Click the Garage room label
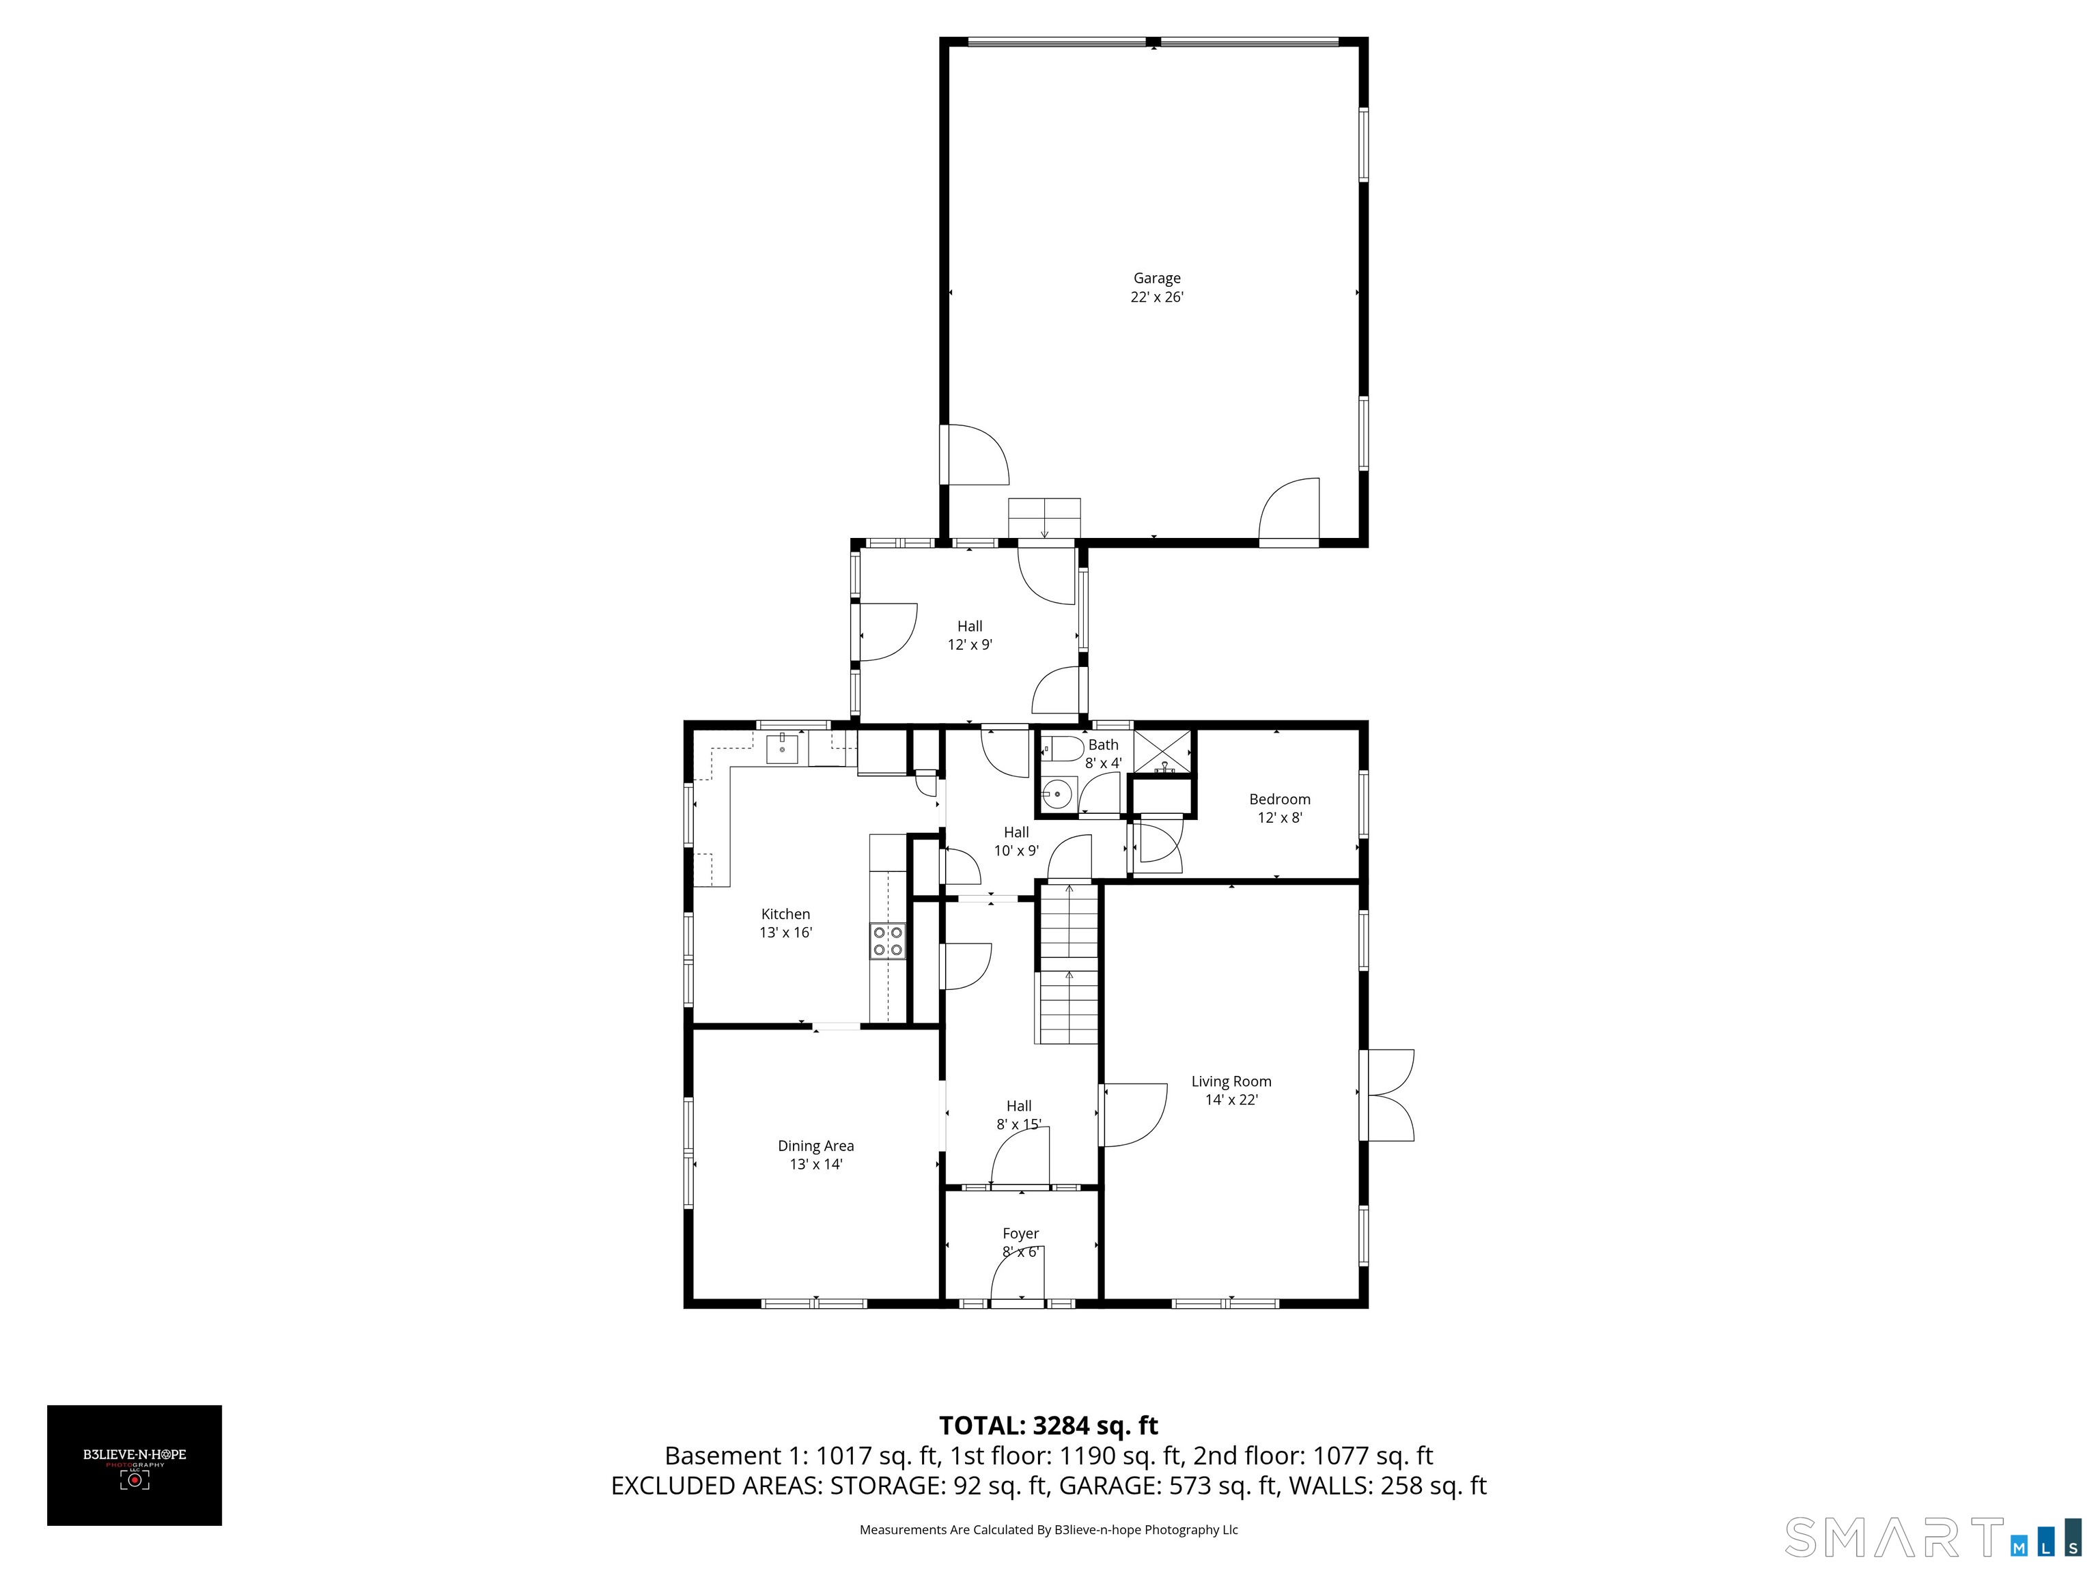click(x=1156, y=278)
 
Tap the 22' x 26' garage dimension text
click(x=1156, y=297)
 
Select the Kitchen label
click(x=785, y=914)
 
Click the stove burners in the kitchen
click(x=888, y=941)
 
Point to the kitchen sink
click(x=783, y=748)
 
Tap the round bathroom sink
click(x=1056, y=795)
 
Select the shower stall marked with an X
click(x=1163, y=751)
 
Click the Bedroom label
click(x=1279, y=799)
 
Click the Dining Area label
click(x=815, y=1146)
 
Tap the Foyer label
click(x=1020, y=1234)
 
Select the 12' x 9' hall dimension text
click(x=969, y=644)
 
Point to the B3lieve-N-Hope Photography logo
click(x=135, y=1465)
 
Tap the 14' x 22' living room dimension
click(x=1231, y=1100)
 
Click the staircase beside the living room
click(x=1069, y=963)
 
